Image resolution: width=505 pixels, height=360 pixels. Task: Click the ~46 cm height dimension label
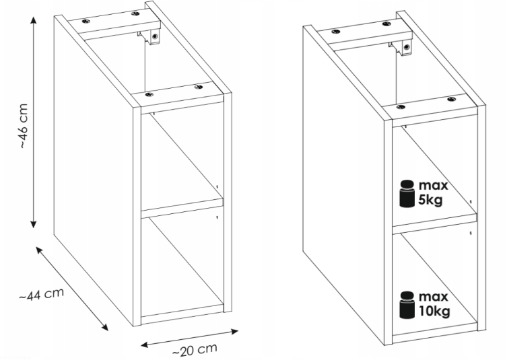point(24,126)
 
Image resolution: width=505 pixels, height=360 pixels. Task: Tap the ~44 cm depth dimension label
point(42,294)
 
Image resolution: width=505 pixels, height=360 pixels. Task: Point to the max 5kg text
point(433,192)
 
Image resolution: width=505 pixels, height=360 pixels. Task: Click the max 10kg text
point(434,304)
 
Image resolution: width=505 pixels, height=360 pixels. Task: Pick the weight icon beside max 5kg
point(407,193)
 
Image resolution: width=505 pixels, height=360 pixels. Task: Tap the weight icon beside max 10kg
point(407,305)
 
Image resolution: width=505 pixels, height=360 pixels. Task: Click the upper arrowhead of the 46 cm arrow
point(34,20)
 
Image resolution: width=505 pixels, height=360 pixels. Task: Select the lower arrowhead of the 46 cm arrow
point(34,224)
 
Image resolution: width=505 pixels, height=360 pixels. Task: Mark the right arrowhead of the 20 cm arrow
point(234,331)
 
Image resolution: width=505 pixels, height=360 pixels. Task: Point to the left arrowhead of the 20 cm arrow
point(145,345)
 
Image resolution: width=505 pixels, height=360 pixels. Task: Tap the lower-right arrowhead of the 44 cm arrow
point(105,327)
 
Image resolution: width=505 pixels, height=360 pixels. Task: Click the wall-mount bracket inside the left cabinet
point(151,37)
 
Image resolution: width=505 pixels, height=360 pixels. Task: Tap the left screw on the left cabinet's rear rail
point(86,22)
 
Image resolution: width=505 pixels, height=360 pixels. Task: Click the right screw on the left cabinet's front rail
point(199,87)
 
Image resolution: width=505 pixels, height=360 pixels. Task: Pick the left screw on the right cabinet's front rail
point(401,107)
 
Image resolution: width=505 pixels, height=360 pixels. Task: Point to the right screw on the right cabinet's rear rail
point(386,24)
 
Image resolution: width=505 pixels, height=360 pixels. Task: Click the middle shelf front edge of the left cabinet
point(182,208)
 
